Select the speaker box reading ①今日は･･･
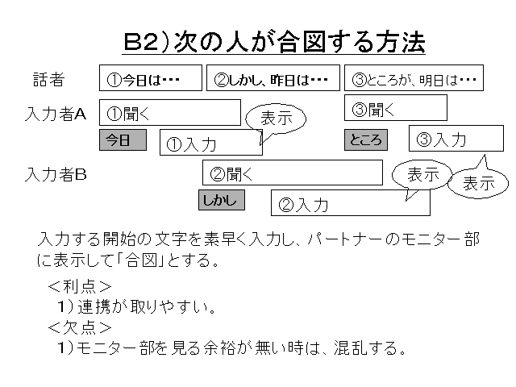pos(150,78)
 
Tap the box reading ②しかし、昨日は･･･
pos(273,78)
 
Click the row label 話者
pos(48,79)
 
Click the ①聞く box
pos(170,112)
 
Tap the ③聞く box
pos(395,107)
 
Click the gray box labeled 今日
pos(123,140)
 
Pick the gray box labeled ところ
pos(365,139)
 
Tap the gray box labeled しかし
pos(221,199)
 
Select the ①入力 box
pos(210,143)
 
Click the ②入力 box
pos(350,203)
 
